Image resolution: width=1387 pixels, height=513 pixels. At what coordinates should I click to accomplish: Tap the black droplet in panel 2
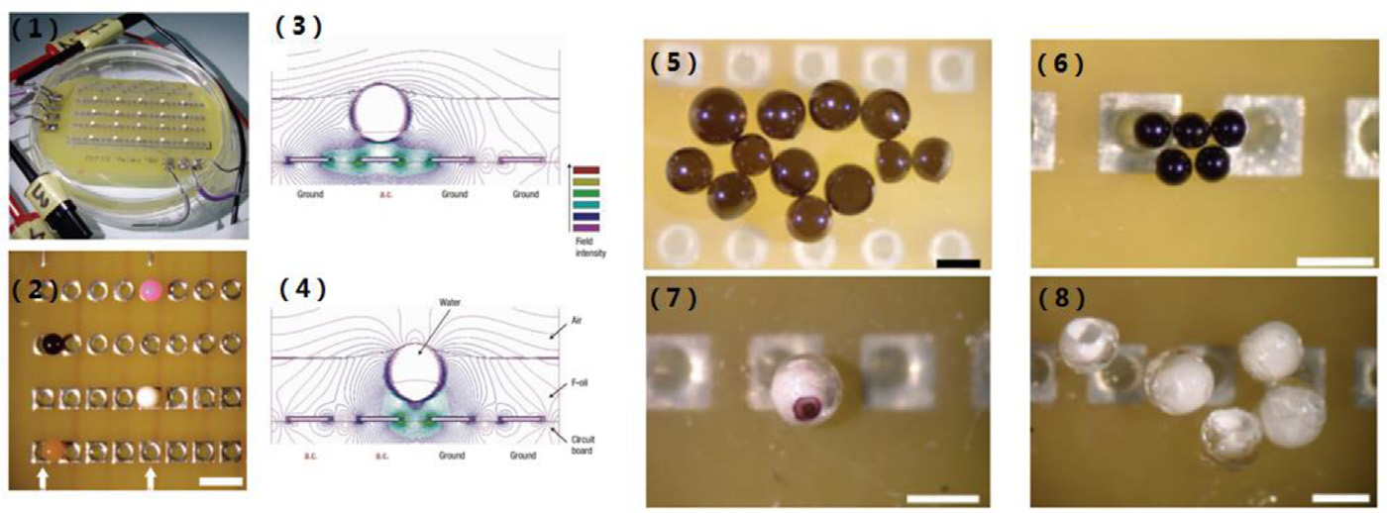(x=51, y=344)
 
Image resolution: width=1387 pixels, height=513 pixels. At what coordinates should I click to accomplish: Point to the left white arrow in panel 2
(x=43, y=479)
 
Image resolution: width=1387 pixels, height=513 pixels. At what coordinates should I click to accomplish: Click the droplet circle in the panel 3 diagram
(x=383, y=112)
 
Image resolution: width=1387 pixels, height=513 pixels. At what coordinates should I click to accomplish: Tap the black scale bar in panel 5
(x=958, y=262)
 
